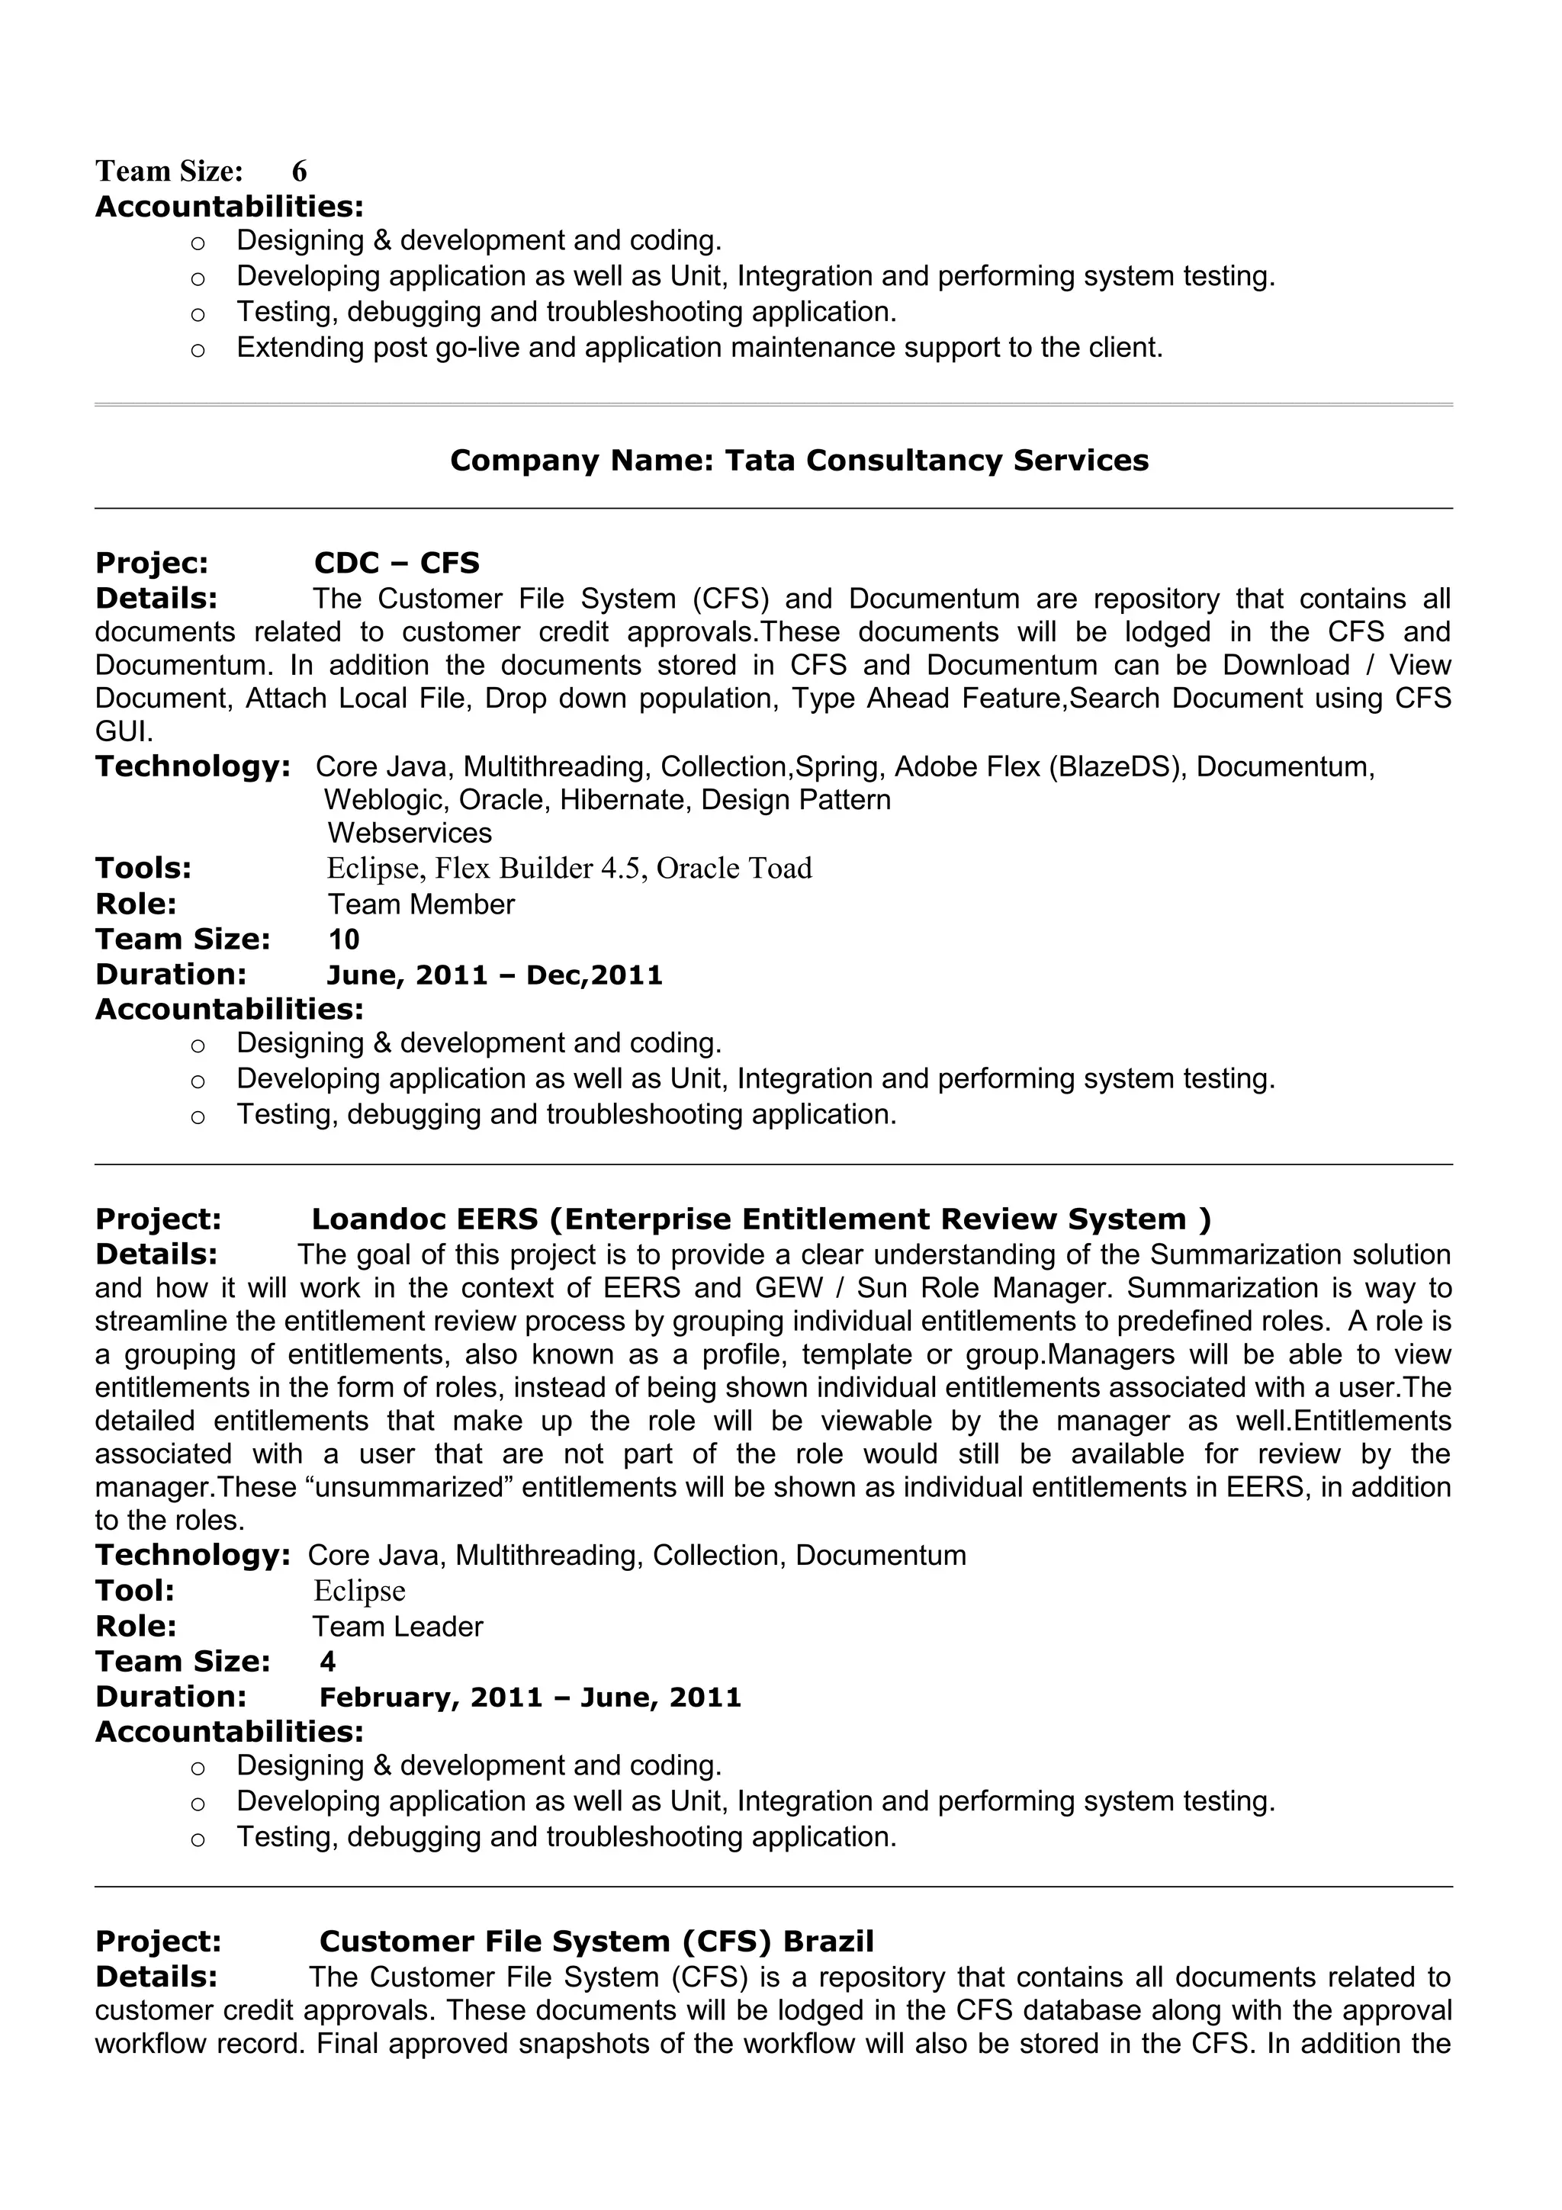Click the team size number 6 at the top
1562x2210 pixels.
click(x=299, y=172)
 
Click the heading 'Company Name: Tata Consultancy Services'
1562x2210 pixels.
click(x=799, y=461)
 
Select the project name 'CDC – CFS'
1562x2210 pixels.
click(x=397, y=563)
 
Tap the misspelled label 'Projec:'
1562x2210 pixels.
click(x=151, y=563)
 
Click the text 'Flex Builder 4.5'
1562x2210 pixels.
click(x=541, y=868)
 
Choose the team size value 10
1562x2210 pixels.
click(x=343, y=940)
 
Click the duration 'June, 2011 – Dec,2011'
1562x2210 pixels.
click(x=495, y=975)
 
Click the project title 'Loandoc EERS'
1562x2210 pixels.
click(x=424, y=1219)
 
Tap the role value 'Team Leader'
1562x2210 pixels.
click(x=397, y=1627)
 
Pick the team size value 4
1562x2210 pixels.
click(x=328, y=1662)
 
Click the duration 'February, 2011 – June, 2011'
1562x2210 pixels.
click(x=530, y=1697)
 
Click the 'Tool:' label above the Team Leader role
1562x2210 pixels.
click(x=135, y=1591)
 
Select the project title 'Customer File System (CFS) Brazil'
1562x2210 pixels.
click(x=596, y=1942)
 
